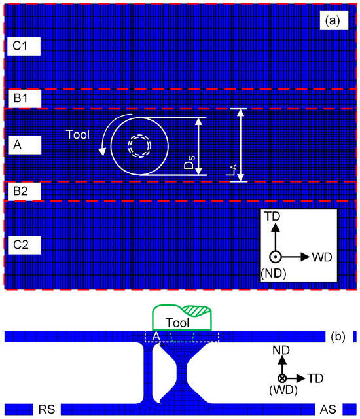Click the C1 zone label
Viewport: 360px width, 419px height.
24,46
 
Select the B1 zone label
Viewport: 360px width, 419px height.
24,98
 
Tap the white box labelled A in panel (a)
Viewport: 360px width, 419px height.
25,145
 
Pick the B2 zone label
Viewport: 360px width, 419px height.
24,191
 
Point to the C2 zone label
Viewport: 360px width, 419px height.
24,245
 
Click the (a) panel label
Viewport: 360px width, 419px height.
334,20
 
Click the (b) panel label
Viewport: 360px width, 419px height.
338,337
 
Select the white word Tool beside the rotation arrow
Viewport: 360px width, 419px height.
77,134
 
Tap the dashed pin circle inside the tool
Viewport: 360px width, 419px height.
139,146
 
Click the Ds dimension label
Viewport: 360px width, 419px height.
189,162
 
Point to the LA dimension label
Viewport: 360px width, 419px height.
231,170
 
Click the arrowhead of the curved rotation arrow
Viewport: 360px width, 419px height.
101,151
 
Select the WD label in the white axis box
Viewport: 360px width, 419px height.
322,257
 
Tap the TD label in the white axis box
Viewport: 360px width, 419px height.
272,216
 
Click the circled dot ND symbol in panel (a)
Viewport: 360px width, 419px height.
275,257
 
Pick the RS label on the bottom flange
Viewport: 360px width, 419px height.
47,409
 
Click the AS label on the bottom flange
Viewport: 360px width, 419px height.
328,409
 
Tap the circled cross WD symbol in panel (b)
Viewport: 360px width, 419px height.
282,378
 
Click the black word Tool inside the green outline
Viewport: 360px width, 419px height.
177,323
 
